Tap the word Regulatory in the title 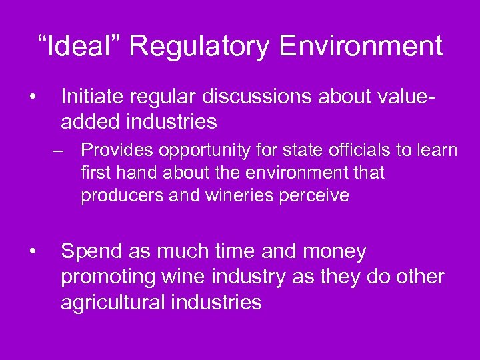click(199, 46)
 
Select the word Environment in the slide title click(361, 46)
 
